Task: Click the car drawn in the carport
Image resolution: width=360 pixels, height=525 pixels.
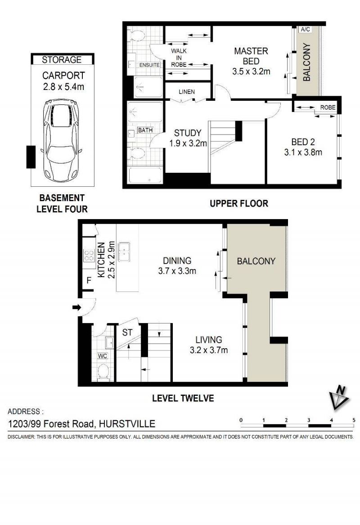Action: click(62, 139)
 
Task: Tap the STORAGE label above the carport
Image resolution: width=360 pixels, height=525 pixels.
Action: click(62, 60)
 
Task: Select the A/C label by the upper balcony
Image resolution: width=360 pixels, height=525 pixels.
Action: click(306, 29)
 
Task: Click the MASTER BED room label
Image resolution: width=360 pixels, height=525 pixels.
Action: click(251, 56)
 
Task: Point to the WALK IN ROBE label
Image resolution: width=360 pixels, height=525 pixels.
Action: click(179, 58)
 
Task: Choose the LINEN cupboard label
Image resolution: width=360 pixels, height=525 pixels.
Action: click(187, 92)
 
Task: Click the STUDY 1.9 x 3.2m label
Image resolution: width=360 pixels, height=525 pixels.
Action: click(188, 138)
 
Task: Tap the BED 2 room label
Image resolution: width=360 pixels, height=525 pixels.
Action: click(303, 142)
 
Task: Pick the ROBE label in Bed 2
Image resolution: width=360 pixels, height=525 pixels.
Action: click(328, 108)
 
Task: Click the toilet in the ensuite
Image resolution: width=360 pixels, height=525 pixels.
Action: click(137, 36)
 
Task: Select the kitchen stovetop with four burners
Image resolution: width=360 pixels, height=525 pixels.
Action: click(89, 256)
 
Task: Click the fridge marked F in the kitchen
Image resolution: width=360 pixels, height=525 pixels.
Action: click(89, 279)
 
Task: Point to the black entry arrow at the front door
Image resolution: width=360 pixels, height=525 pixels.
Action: click(77, 307)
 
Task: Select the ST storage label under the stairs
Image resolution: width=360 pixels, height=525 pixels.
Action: click(127, 332)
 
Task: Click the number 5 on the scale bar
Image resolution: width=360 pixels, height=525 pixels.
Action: click(354, 420)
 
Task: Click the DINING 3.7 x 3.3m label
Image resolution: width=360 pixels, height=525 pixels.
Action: click(177, 265)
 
